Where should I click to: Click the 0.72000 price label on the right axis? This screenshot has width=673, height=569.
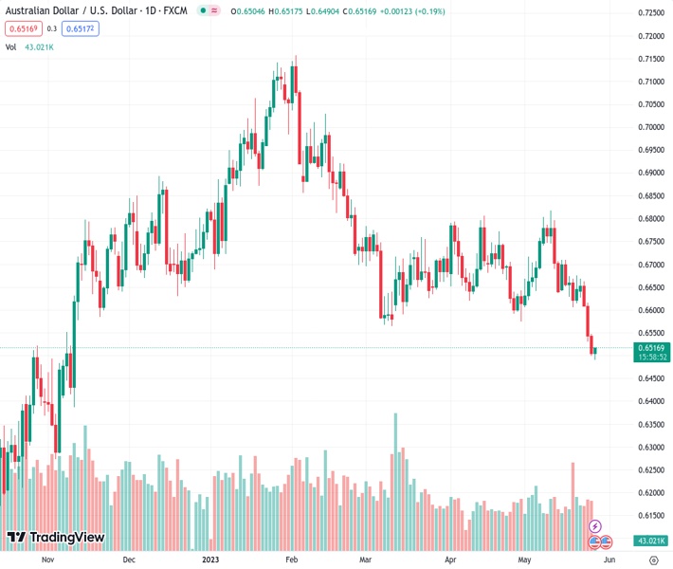coord(650,36)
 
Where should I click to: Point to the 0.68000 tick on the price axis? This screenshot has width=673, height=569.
coord(650,218)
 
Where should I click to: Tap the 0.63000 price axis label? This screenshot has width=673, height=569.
coord(650,447)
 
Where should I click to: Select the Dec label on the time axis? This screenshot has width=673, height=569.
coord(129,560)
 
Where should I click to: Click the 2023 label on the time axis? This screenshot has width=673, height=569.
coord(211,560)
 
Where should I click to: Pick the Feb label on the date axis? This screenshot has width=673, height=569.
coord(292,560)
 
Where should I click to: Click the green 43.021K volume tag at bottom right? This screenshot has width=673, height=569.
coord(650,540)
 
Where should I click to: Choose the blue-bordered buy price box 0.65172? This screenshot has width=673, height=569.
coord(80,28)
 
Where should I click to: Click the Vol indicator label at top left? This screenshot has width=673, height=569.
coord(11,46)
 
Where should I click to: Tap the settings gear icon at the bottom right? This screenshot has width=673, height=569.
coord(653,560)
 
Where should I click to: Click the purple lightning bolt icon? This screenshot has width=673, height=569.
coord(595,525)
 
